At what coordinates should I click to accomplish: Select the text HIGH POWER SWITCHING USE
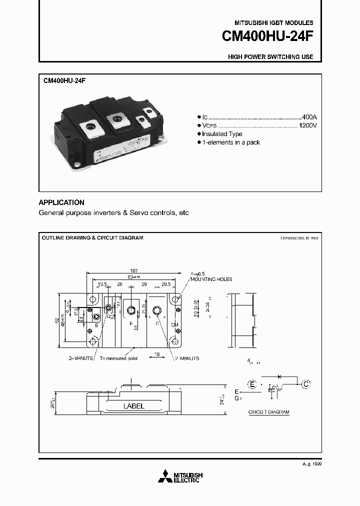[270, 57]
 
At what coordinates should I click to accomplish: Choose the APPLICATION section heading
[61, 202]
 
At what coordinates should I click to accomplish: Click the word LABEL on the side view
[133, 406]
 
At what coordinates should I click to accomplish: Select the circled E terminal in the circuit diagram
[252, 384]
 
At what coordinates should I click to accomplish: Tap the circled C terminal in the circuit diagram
[306, 384]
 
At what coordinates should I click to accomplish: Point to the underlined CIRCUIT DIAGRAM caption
[269, 412]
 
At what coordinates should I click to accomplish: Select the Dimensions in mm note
[299, 238]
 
